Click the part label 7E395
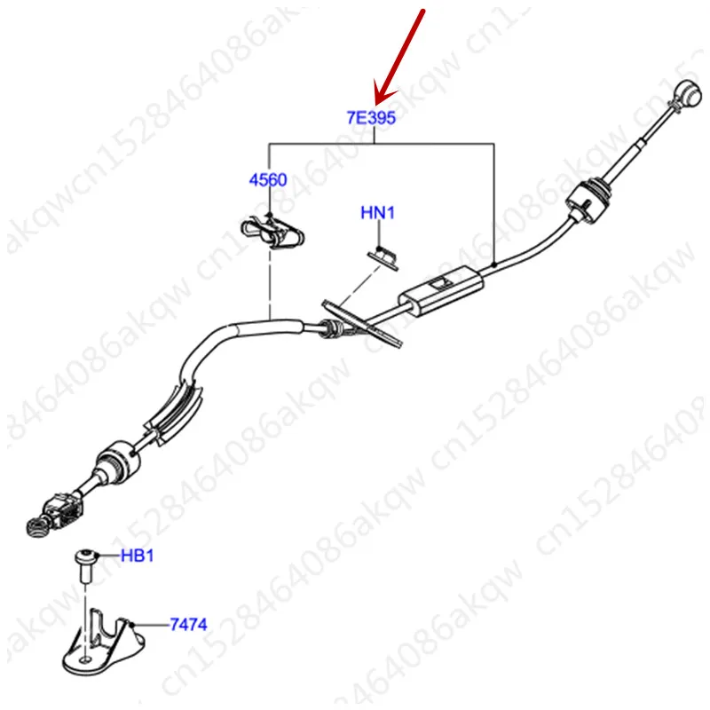pos(371,116)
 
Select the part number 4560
pos(266,179)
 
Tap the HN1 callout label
pos(377,213)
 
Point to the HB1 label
pos(138,556)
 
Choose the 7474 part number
pos(188,625)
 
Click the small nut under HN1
pos(383,256)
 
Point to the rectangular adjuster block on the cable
pos(441,289)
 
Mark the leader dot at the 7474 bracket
pos(132,625)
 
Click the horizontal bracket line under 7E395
pos(382,144)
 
